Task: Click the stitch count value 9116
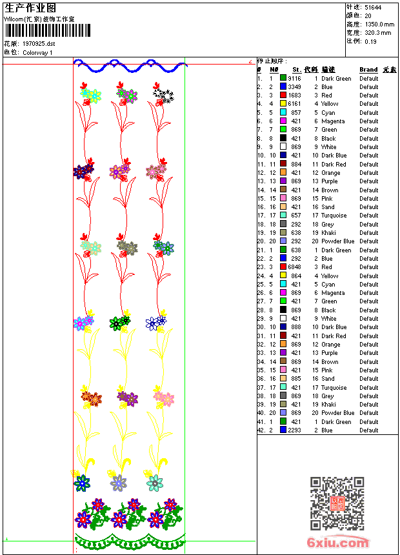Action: coord(294,78)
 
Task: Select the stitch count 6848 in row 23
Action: coord(294,267)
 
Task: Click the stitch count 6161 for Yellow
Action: coord(294,104)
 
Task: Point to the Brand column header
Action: coord(368,70)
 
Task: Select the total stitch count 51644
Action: coord(373,7)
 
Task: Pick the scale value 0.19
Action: coord(370,41)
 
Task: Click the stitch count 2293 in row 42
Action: coord(294,430)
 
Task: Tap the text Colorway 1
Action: coord(37,52)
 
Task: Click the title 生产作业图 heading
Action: coord(30,8)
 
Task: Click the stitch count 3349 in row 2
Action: coord(294,86)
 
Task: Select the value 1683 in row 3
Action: coord(294,96)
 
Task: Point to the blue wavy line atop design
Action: coord(129,65)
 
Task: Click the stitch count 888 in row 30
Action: coord(295,327)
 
